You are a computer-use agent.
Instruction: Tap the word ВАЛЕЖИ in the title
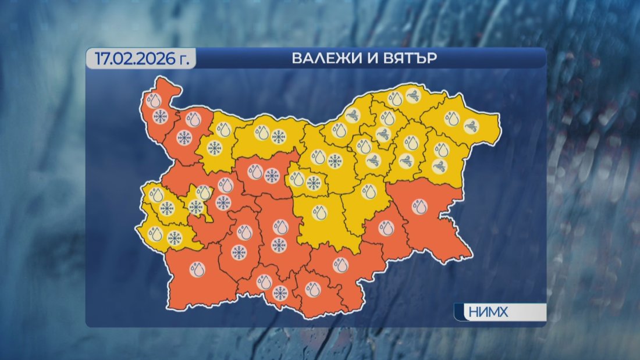[319, 59]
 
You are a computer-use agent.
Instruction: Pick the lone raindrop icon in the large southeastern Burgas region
[418, 206]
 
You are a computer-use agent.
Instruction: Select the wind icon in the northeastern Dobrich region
[471, 125]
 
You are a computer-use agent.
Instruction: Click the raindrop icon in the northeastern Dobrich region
[452, 119]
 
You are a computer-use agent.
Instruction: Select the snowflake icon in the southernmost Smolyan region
[280, 293]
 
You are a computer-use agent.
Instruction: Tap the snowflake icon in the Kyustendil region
[175, 237]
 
